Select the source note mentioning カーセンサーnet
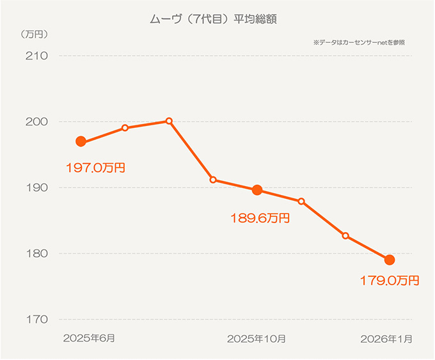coord(359,42)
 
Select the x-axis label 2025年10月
coord(256,338)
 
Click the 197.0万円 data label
coord(95,168)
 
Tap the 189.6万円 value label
coord(260,218)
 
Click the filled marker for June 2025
coord(81,141)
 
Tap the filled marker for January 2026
coord(389,260)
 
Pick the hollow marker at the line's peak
coord(169,121)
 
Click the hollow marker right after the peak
coord(213,180)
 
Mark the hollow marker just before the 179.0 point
coord(345,236)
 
